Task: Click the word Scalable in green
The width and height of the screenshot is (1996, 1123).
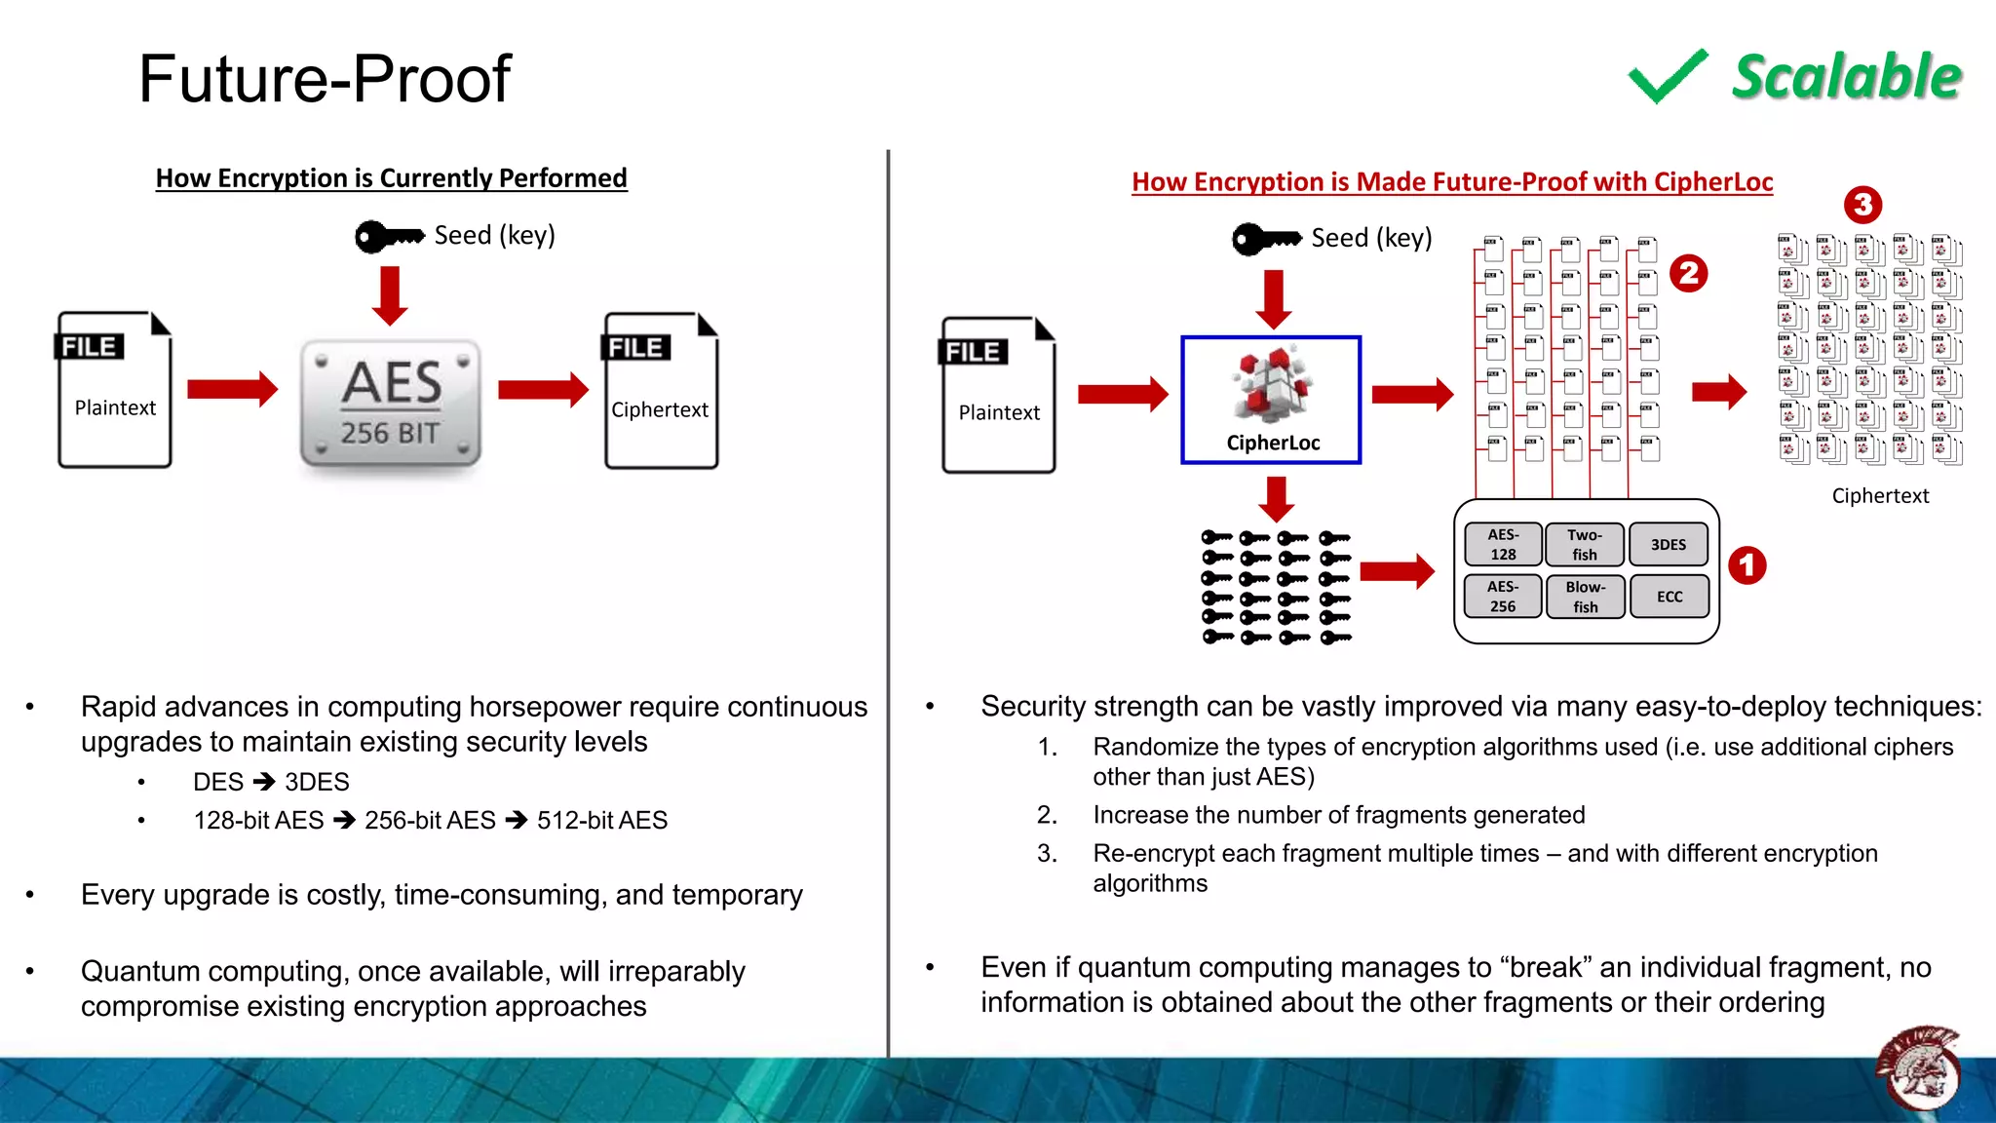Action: pyautogui.click(x=1846, y=77)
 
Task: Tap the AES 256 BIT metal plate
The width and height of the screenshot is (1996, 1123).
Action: pyautogui.click(x=391, y=404)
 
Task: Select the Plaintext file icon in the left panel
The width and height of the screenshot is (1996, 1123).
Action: pyautogui.click(x=114, y=390)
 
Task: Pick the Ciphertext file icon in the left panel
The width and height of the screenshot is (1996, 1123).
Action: pyautogui.click(x=661, y=391)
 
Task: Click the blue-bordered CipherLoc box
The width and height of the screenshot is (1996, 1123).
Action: pyautogui.click(x=1271, y=400)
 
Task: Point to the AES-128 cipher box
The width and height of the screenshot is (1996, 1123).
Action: pyautogui.click(x=1503, y=544)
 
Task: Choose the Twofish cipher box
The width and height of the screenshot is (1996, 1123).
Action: pyautogui.click(x=1585, y=544)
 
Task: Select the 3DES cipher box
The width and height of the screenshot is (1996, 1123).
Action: pyautogui.click(x=1669, y=544)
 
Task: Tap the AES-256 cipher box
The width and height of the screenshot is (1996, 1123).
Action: pyautogui.click(x=1503, y=596)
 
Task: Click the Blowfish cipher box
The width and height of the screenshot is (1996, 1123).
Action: pyautogui.click(x=1585, y=597)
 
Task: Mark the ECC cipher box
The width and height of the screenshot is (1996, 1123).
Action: pyautogui.click(x=1669, y=597)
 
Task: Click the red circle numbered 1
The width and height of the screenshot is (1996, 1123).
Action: pyautogui.click(x=1746, y=565)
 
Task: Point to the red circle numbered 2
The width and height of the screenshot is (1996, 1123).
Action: pyautogui.click(x=1689, y=273)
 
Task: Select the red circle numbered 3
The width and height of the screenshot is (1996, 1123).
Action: pyautogui.click(x=1862, y=205)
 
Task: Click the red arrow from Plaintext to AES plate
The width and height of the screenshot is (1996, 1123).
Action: pyautogui.click(x=232, y=389)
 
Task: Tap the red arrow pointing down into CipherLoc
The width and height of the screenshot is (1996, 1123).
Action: pyautogui.click(x=1273, y=298)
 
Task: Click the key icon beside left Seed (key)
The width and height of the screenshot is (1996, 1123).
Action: pyautogui.click(x=389, y=236)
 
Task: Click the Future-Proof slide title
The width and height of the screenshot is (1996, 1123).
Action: pyautogui.click(x=325, y=79)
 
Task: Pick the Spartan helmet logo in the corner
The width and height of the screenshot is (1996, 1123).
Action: pyautogui.click(x=1918, y=1069)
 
